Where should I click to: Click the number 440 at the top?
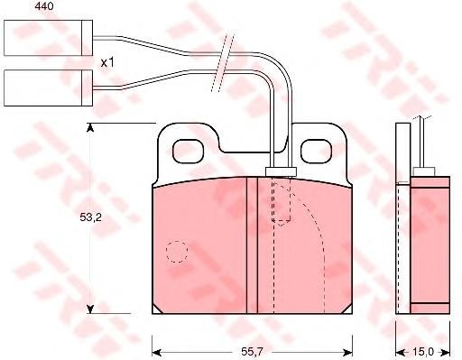pos(44,6)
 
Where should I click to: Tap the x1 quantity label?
pos(107,63)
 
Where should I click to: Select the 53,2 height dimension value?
pos(90,217)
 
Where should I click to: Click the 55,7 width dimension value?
pos(252,351)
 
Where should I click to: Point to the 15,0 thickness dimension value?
pos(423,351)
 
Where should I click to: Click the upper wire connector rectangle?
pos(48,38)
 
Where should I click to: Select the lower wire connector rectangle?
pos(48,88)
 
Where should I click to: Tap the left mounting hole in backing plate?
pos(189,152)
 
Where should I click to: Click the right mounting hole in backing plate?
pos(317,152)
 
